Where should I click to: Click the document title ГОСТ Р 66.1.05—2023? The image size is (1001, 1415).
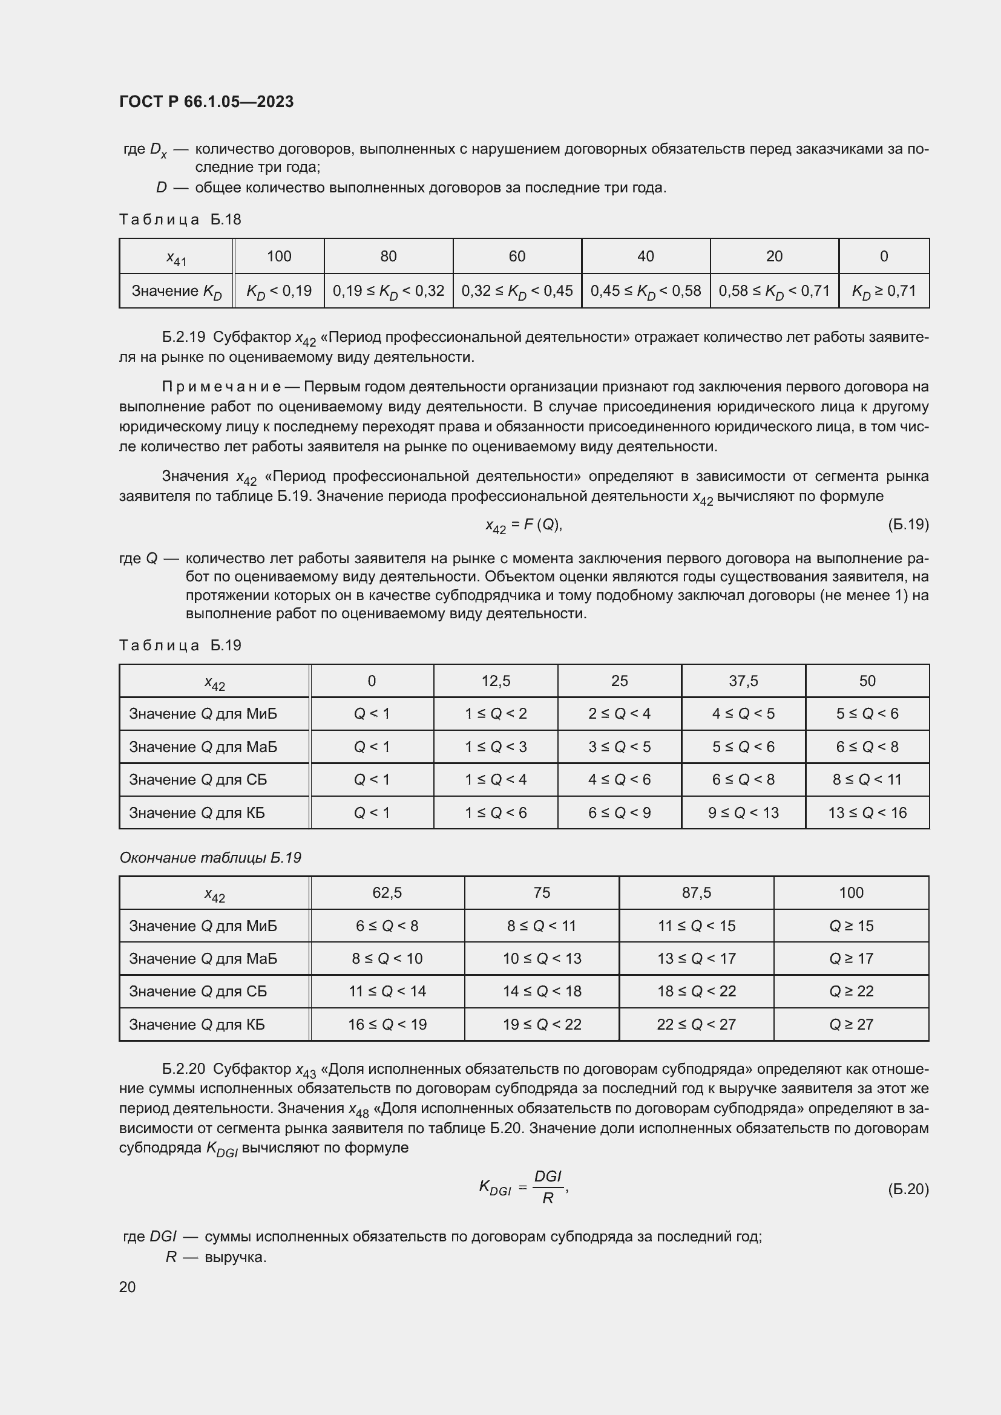tap(206, 102)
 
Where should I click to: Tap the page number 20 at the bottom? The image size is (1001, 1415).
tap(127, 1287)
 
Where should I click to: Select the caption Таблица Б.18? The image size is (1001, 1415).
tap(179, 220)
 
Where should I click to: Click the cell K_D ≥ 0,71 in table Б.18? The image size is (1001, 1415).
tap(883, 291)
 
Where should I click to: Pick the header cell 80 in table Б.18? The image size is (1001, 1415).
tap(389, 257)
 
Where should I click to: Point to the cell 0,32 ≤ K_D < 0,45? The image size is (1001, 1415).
tap(516, 291)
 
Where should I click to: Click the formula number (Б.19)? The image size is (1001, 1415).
tap(908, 524)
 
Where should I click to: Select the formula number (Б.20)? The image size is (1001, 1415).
tap(908, 1189)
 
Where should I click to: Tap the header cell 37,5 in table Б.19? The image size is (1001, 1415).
tap(743, 681)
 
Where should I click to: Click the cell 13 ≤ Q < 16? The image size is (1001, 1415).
tap(867, 813)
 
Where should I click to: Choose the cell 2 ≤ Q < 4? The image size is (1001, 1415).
tap(619, 714)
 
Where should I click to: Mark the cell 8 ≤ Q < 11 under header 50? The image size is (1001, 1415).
tap(867, 780)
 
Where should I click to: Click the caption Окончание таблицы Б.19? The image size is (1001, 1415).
tap(210, 858)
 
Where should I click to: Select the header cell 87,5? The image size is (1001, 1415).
tap(696, 893)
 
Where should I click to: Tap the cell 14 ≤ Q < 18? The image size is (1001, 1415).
tap(541, 991)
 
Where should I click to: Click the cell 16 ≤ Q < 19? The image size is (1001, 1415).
tap(387, 1024)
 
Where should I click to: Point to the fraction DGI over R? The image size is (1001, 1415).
tap(547, 1188)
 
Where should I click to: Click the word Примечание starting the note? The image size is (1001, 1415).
tap(222, 387)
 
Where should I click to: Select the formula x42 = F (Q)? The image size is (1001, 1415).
tap(523, 525)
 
